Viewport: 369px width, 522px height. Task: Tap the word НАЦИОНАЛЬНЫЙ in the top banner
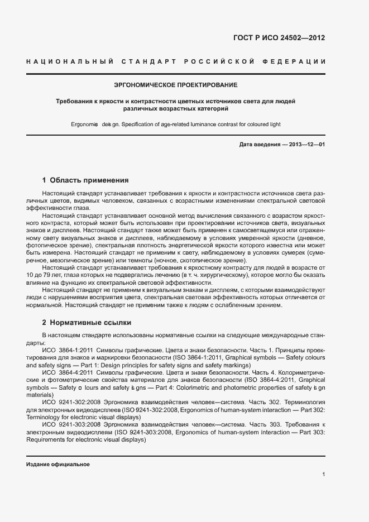pos(70,61)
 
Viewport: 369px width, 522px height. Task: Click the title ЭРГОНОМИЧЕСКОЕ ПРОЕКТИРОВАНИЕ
pos(175,85)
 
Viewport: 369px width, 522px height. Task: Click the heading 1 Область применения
pos(85,180)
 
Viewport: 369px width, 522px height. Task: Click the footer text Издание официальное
pos(57,464)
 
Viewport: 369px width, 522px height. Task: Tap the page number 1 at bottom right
pos(323,475)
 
